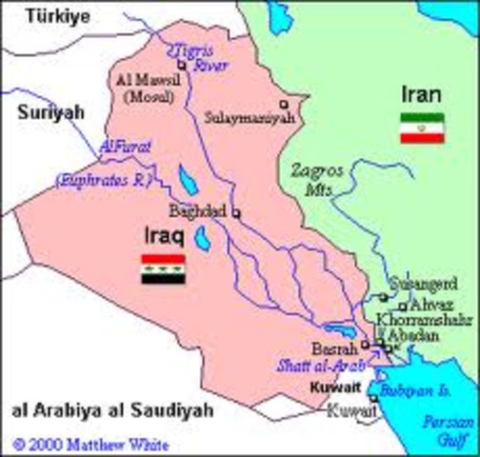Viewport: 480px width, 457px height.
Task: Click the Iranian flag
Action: [421, 128]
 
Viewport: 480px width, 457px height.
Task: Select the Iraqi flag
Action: [163, 269]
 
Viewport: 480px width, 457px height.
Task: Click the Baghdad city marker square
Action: [236, 213]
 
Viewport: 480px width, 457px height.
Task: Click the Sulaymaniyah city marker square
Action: [283, 103]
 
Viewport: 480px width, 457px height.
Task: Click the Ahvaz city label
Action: [431, 306]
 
